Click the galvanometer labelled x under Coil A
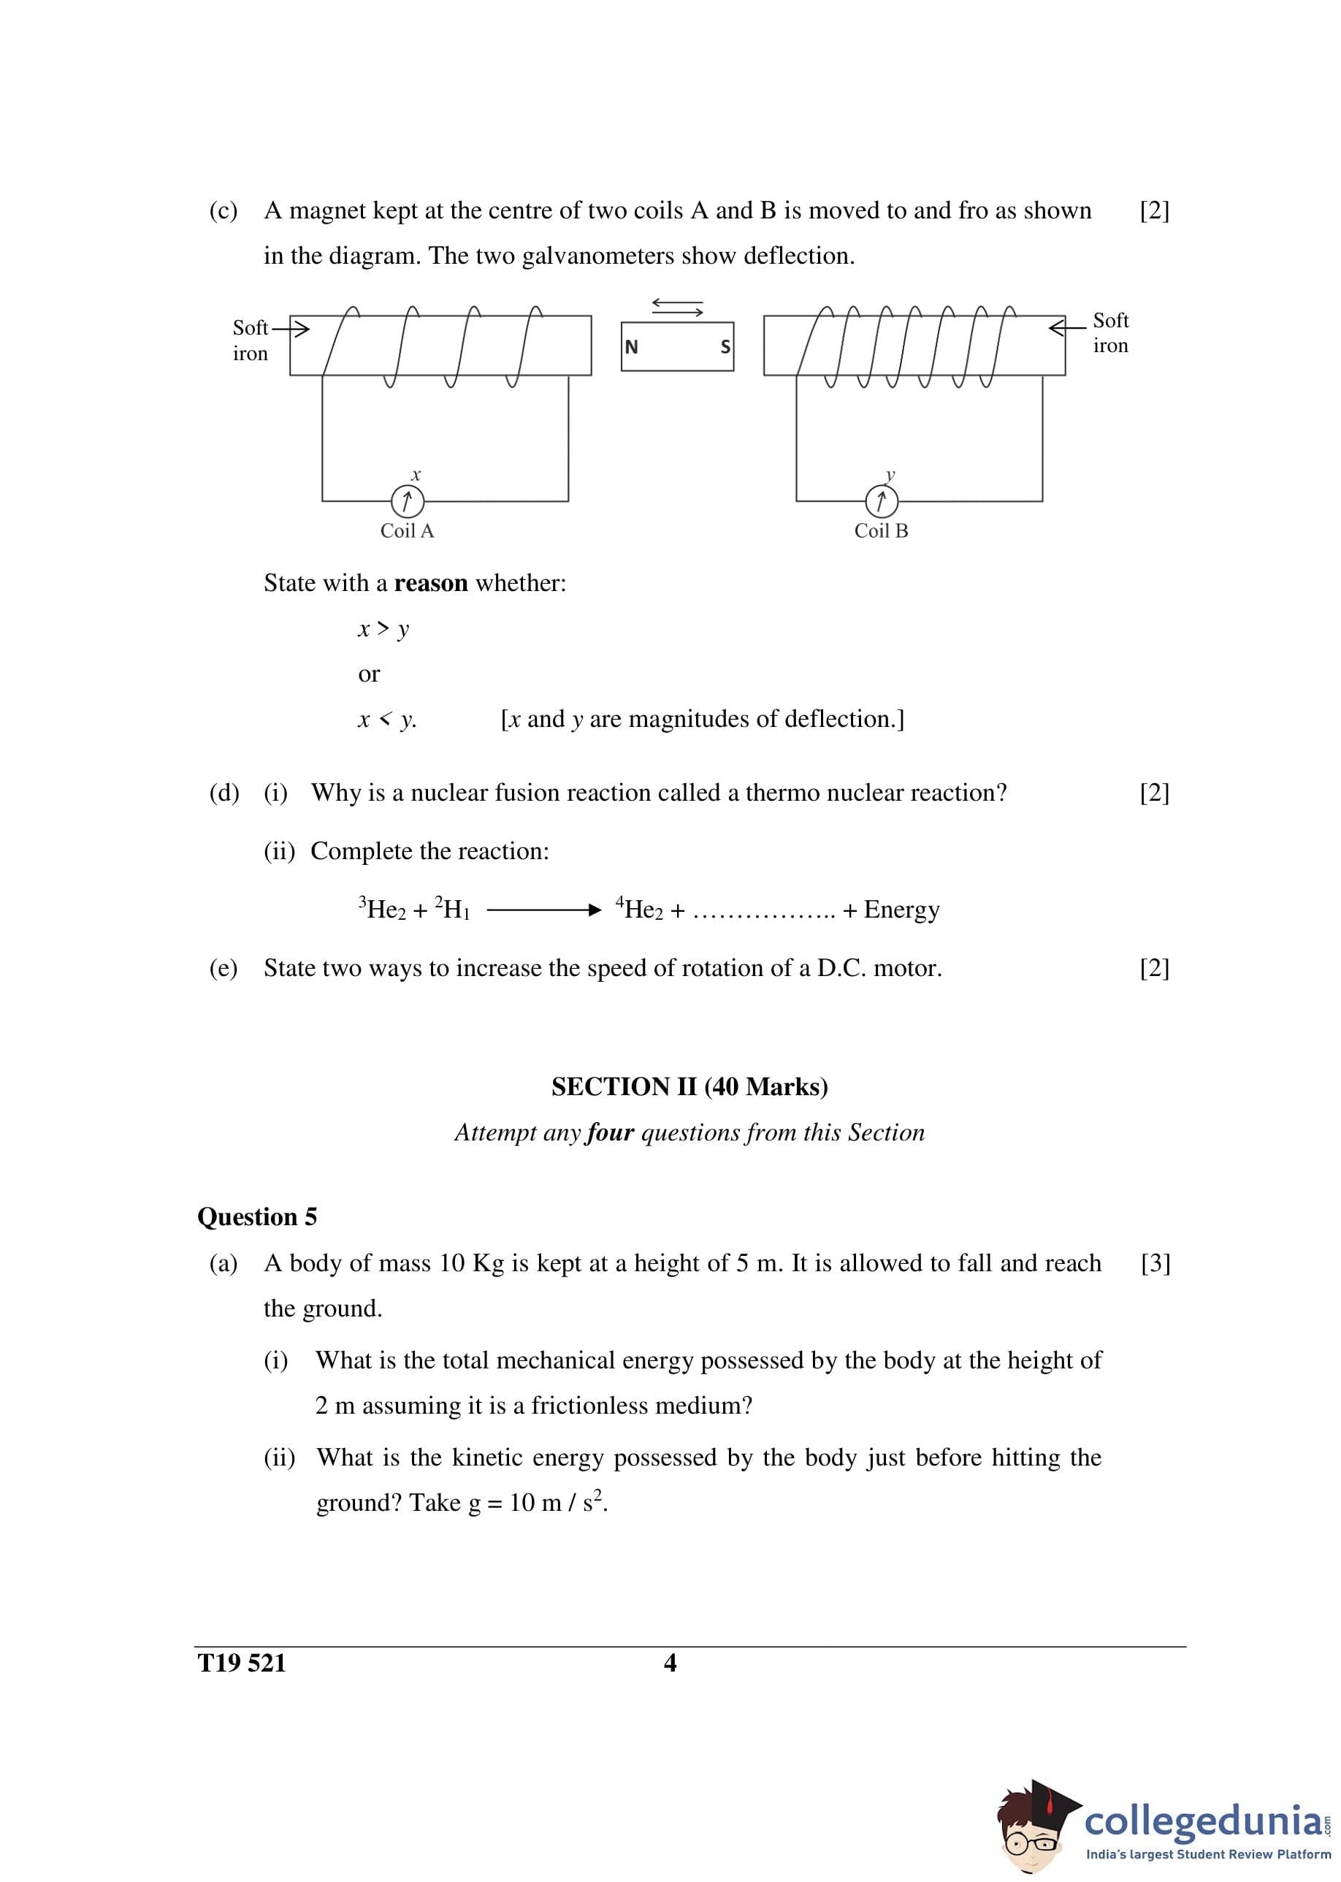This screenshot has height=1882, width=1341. click(x=407, y=500)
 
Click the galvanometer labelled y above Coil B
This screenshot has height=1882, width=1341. click(x=881, y=500)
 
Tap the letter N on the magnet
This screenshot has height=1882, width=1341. click(x=632, y=347)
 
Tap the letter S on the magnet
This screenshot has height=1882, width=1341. click(x=725, y=347)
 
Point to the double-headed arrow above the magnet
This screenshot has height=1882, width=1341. click(x=677, y=307)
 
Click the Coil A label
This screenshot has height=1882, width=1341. click(x=406, y=531)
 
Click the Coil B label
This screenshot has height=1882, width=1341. click(x=881, y=531)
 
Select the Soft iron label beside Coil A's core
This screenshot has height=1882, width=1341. click(x=251, y=340)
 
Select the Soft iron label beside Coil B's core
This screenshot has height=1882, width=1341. click(x=1111, y=333)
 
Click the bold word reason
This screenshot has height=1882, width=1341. click(x=430, y=583)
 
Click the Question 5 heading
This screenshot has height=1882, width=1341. click(x=257, y=1216)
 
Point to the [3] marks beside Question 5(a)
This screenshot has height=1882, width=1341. click(x=1155, y=1263)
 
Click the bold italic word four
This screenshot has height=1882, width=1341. click(x=610, y=1132)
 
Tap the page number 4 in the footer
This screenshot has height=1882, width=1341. click(x=670, y=1663)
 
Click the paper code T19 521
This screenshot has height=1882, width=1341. click(x=241, y=1663)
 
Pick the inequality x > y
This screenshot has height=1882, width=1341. click(x=383, y=629)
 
